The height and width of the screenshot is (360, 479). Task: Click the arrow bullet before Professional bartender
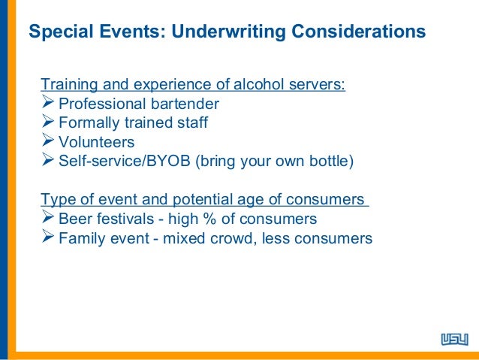click(48, 103)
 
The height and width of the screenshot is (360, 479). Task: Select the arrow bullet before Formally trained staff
click(48, 123)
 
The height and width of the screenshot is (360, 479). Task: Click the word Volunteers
click(96, 142)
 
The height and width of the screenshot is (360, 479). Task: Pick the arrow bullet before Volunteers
click(48, 142)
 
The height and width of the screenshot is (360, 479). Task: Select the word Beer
click(74, 219)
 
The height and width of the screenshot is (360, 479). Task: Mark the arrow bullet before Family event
click(48, 239)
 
